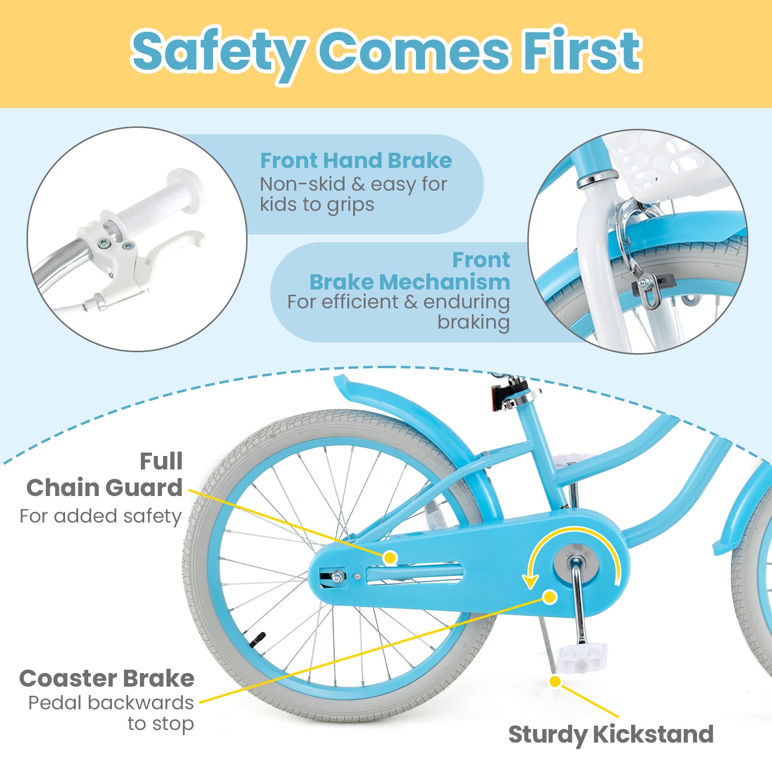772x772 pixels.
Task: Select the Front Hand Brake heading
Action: tap(356, 161)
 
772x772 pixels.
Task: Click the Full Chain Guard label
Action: tap(104, 475)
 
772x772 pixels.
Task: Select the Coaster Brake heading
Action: tap(107, 679)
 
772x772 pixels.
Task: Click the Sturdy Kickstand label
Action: tap(611, 734)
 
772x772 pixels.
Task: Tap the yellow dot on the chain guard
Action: tap(390, 558)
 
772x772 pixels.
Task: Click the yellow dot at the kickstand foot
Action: tap(555, 681)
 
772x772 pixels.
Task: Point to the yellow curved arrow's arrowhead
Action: tap(530, 581)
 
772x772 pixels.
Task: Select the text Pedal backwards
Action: tap(110, 703)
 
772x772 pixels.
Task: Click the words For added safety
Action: tap(100, 516)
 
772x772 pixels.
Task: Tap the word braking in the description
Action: tap(473, 322)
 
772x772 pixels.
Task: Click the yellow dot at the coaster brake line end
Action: tap(550, 597)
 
